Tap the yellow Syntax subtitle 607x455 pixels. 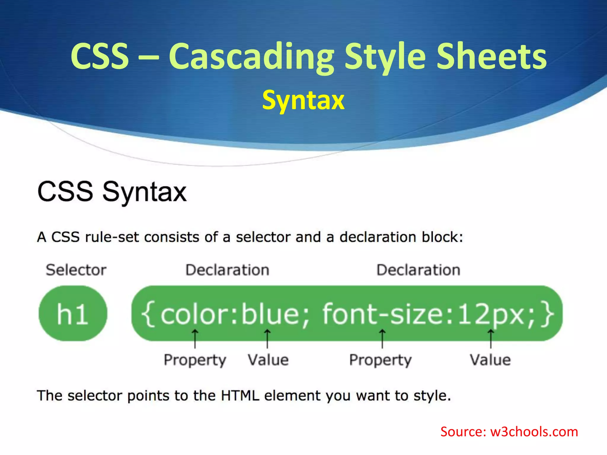click(303, 100)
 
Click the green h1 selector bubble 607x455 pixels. click(73, 313)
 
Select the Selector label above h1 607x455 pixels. click(76, 270)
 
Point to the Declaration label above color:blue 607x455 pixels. click(227, 270)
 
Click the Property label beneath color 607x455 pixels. click(195, 360)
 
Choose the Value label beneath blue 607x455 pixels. click(268, 360)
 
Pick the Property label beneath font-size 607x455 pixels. click(380, 360)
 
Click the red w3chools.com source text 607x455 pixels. click(533, 432)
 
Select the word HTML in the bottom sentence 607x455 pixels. click(240, 396)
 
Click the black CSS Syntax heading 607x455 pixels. click(112, 192)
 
